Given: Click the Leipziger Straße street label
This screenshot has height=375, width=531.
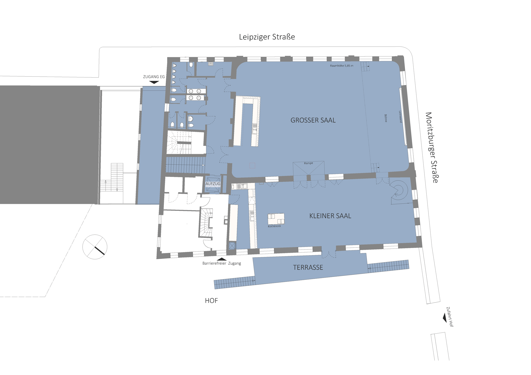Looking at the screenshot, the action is (267, 37).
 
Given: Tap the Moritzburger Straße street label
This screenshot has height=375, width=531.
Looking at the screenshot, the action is (432, 147).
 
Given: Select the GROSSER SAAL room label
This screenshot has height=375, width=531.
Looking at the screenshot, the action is (313, 120).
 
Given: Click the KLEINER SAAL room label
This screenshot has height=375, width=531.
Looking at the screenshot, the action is (330, 216).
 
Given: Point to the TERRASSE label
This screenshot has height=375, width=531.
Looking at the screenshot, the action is (308, 267).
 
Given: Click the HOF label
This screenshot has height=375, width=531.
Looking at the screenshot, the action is (211, 300).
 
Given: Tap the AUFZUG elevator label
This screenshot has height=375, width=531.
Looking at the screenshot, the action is (213, 184).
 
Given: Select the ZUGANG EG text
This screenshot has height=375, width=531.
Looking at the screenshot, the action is (154, 77).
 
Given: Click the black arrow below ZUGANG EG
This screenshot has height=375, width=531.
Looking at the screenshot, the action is (154, 82).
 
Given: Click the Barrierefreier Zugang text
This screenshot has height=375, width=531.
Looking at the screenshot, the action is (222, 263).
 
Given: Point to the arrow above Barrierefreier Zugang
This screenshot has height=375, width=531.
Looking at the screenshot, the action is (222, 259).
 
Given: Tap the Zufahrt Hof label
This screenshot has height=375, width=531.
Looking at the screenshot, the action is (450, 317).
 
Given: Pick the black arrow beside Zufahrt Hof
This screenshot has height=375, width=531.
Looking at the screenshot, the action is (445, 318).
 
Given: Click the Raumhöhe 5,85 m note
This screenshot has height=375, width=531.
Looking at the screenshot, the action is (342, 66).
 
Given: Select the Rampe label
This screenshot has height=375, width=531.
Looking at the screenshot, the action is (309, 163).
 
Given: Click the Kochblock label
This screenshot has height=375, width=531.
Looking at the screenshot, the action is (274, 226).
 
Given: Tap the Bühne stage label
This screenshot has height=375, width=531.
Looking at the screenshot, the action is (386, 118).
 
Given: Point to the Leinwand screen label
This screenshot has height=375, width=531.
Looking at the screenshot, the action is (400, 117).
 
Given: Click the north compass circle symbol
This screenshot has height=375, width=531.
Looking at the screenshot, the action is (95, 247).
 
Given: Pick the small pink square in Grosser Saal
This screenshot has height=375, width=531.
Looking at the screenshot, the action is (252, 165).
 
